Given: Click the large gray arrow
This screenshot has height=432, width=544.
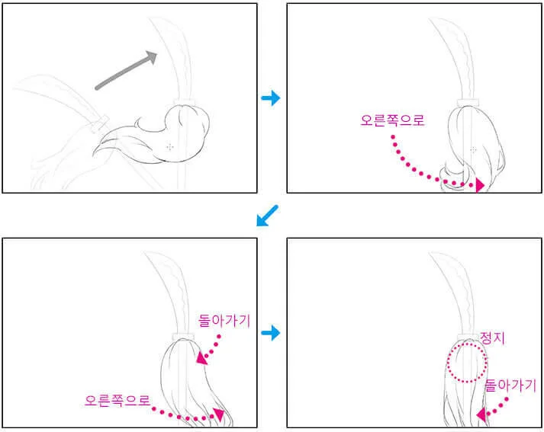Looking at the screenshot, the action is pyautogui.click(x=126, y=71).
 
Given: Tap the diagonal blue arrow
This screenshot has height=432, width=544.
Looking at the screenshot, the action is pyautogui.click(x=267, y=216).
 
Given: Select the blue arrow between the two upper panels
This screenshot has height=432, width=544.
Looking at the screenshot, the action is pyautogui.click(x=271, y=98).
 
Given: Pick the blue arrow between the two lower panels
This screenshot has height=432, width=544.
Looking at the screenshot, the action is pyautogui.click(x=271, y=333).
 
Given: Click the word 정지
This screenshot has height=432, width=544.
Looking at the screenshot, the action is pyautogui.click(x=492, y=338).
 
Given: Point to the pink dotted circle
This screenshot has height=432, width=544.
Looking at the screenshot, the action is pyautogui.click(x=447, y=363).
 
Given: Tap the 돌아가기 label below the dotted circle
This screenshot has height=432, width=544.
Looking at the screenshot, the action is pyautogui.click(x=510, y=386).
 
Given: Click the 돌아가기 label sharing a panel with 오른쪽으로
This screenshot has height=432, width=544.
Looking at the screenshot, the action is pyautogui.click(x=224, y=321).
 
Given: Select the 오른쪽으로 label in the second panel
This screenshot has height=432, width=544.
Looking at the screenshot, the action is pyautogui.click(x=392, y=120).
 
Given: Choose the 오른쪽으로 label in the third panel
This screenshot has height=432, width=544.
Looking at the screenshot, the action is pyautogui.click(x=117, y=401).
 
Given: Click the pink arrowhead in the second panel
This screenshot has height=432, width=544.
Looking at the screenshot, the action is pyautogui.click(x=479, y=185).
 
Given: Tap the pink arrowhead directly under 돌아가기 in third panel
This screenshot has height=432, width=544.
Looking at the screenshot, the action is pyautogui.click(x=202, y=358).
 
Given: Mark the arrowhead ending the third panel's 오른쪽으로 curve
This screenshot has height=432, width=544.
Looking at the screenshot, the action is pyautogui.click(x=219, y=414).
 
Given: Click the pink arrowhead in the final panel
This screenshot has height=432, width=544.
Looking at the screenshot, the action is pyautogui.click(x=481, y=414).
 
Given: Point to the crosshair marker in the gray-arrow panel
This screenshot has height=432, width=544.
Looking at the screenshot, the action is pyautogui.click(x=169, y=147).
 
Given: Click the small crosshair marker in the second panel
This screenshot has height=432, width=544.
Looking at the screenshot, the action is pyautogui.click(x=473, y=149).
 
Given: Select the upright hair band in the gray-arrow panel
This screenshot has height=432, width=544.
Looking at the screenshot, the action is pyautogui.click(x=184, y=101).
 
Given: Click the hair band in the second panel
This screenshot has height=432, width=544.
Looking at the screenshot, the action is pyautogui.click(x=468, y=103).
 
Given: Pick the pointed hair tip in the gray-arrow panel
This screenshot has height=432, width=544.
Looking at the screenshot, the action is pyautogui.click(x=93, y=155).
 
